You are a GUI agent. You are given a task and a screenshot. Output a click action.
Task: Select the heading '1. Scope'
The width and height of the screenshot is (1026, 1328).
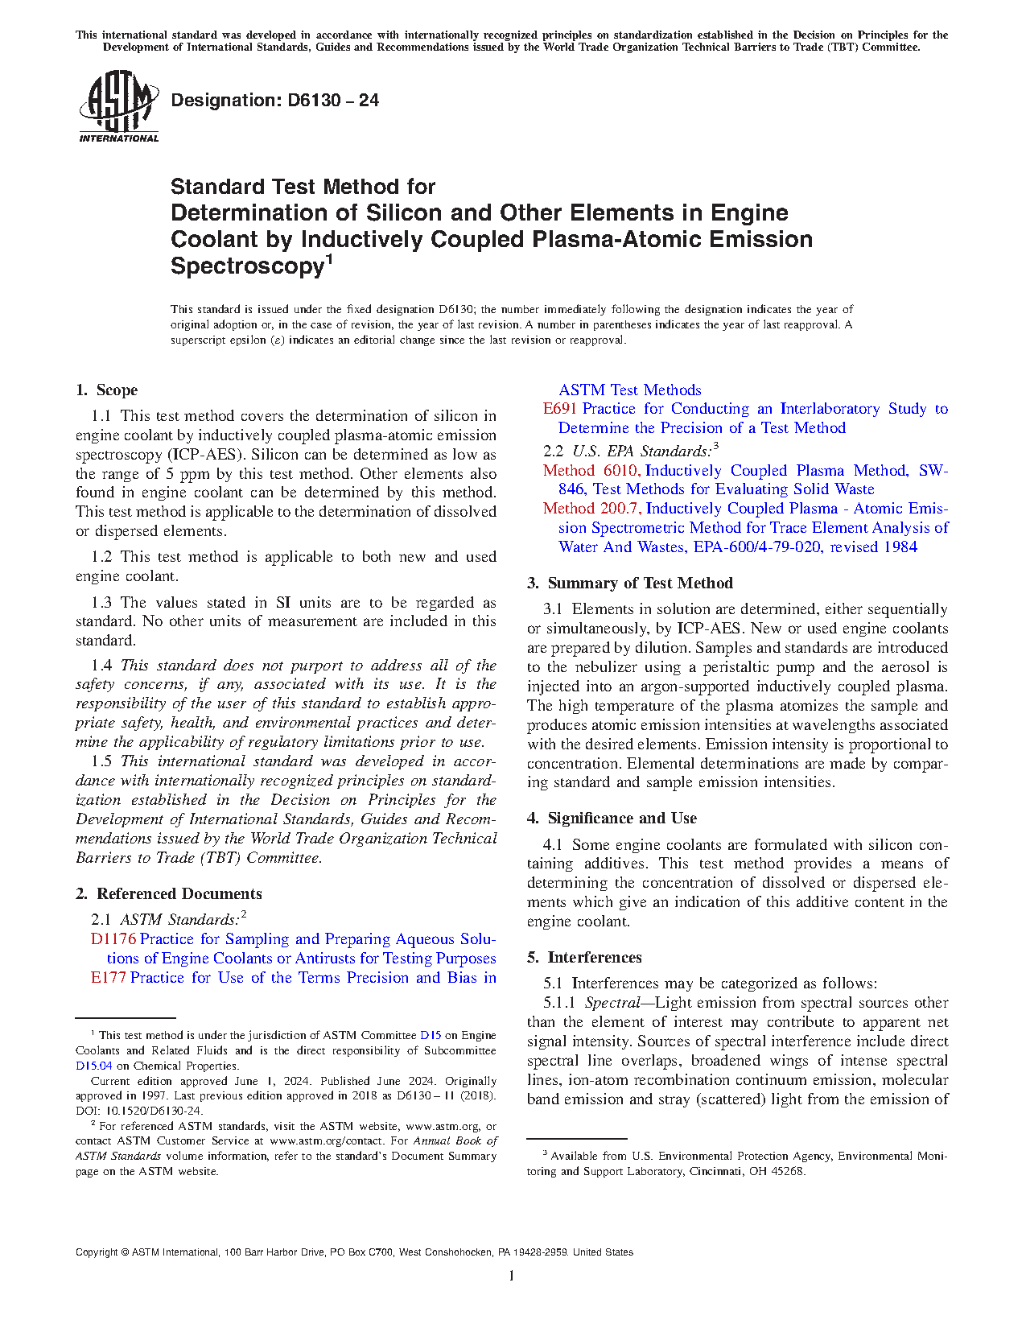click(x=107, y=390)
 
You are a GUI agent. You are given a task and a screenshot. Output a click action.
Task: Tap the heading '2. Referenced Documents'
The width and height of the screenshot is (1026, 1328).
click(x=169, y=894)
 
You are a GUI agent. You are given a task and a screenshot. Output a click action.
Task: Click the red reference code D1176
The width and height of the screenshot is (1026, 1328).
click(x=113, y=939)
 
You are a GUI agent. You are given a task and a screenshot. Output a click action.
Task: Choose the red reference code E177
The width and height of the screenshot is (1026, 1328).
click(x=109, y=978)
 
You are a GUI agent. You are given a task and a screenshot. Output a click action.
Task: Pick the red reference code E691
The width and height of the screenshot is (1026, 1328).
click(x=560, y=409)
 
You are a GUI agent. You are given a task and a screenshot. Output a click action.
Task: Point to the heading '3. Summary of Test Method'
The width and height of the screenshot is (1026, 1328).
click(x=630, y=584)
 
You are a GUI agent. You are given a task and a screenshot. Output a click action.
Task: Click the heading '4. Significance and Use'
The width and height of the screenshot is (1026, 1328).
click(x=612, y=819)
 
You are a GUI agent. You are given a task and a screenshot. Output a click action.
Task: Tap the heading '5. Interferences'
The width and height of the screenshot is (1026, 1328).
click(x=584, y=958)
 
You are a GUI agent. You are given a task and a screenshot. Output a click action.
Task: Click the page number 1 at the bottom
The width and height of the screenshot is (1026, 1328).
click(x=512, y=1276)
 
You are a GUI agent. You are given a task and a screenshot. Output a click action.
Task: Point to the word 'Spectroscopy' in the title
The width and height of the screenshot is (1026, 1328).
click(x=246, y=266)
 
